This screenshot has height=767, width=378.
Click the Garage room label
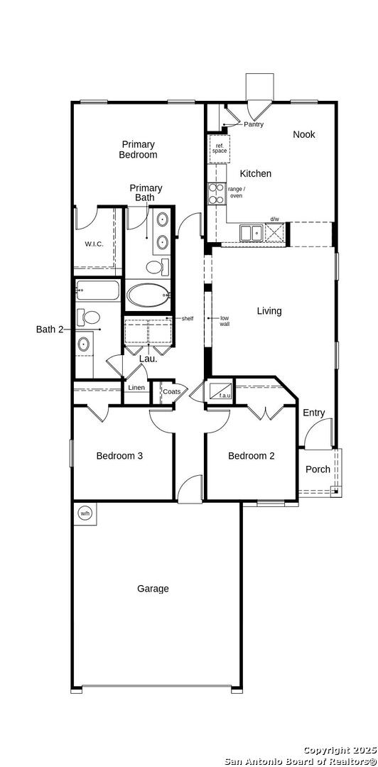tap(153, 589)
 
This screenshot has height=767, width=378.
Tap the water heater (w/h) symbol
tap(85, 513)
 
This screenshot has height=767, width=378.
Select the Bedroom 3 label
tap(119, 456)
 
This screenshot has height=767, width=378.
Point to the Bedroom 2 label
tap(252, 456)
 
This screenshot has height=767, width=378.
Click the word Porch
tap(318, 469)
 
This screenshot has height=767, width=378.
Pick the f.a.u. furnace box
tap(220, 391)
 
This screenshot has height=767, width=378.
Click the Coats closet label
tap(171, 391)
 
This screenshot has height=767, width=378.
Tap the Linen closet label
tap(136, 388)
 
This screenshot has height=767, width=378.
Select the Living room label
tap(269, 310)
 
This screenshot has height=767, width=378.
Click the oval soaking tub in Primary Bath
tap(148, 295)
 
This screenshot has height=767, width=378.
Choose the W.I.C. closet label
tap(94, 244)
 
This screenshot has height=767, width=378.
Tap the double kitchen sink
tap(252, 232)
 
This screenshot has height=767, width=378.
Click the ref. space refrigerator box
tap(220, 148)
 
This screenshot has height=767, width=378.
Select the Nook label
tap(304, 134)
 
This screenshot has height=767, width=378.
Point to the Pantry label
tap(254, 124)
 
